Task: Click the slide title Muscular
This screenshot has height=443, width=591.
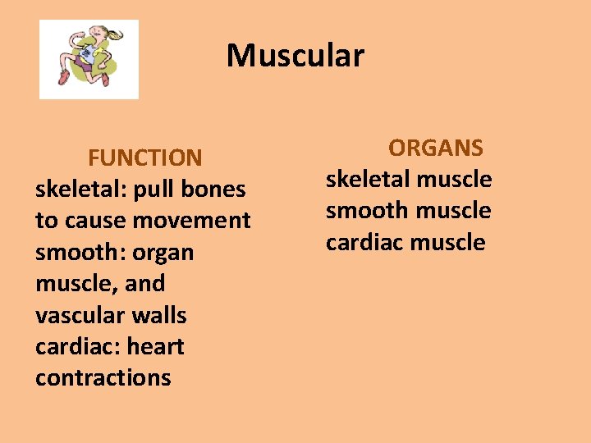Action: [295, 56]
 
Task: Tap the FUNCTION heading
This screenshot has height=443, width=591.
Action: [144, 158]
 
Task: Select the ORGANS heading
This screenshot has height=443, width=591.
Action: [436, 148]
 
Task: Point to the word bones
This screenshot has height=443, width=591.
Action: [213, 190]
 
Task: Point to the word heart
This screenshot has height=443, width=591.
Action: [156, 346]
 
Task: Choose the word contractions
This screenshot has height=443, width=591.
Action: [103, 377]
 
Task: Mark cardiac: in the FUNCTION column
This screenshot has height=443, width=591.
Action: [76, 346]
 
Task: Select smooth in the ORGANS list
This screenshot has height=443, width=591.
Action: [368, 211]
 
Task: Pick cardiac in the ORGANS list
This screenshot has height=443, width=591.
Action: [364, 243]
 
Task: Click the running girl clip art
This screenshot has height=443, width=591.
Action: [89, 59]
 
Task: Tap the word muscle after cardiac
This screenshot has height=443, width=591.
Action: [447, 243]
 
